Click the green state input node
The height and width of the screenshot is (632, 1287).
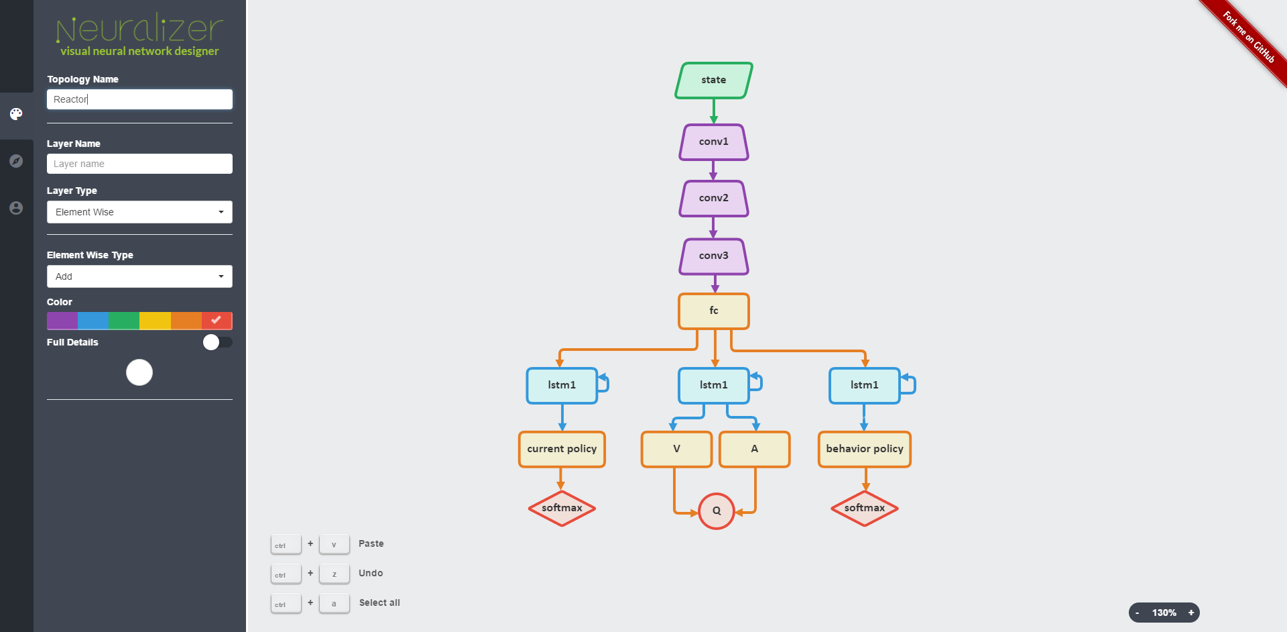click(713, 81)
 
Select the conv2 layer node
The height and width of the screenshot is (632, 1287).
click(713, 199)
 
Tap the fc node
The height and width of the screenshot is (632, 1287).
click(713, 311)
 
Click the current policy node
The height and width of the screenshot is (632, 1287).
click(562, 449)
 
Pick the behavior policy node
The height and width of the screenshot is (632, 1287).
click(864, 449)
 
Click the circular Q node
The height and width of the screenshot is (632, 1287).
click(716, 511)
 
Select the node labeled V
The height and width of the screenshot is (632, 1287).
click(676, 449)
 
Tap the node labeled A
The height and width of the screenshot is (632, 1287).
click(754, 449)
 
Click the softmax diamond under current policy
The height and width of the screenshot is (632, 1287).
click(562, 509)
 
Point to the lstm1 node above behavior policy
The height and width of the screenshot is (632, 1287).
click(864, 385)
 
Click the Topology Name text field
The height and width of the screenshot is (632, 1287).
click(139, 99)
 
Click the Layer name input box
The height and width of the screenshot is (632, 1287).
click(139, 164)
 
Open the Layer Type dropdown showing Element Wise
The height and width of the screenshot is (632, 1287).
click(139, 212)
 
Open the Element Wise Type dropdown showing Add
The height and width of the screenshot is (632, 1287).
click(139, 276)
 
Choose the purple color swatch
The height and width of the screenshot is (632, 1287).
click(62, 321)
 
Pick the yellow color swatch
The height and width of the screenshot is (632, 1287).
click(155, 321)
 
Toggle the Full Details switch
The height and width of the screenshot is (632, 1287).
click(217, 342)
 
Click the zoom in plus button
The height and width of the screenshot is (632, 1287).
click(1190, 613)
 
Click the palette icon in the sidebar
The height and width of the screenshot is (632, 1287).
click(16, 114)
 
